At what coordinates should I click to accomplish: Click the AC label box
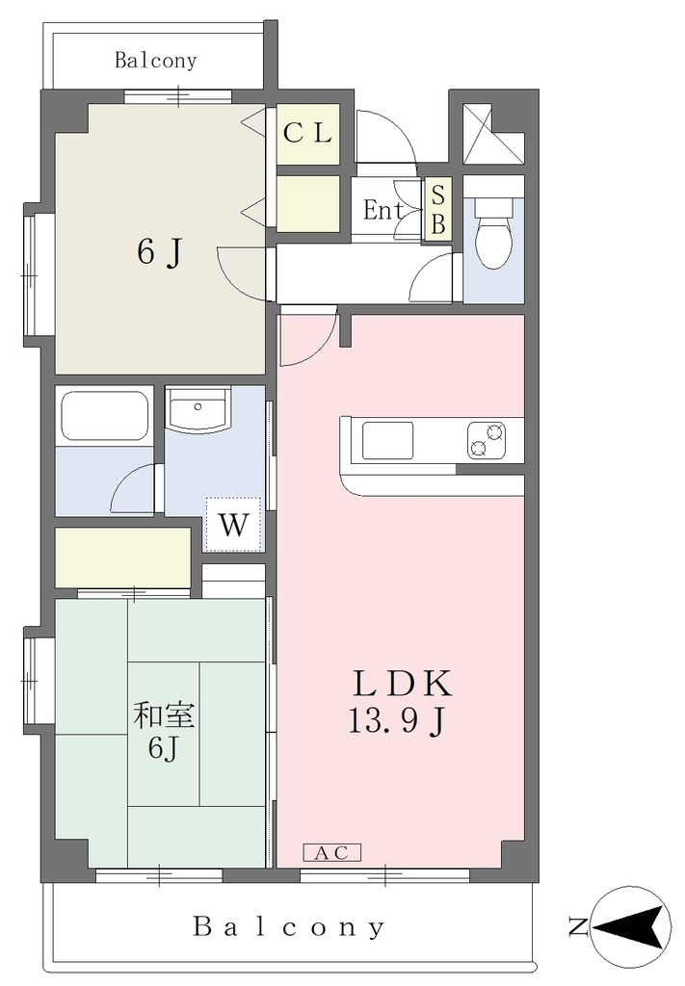pyautogui.click(x=332, y=853)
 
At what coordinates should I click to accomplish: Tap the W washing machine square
pyautogui.click(x=233, y=524)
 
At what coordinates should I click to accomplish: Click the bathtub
pyautogui.click(x=105, y=417)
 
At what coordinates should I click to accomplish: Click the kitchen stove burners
pyautogui.click(x=487, y=439)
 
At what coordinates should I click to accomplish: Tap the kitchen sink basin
pyautogui.click(x=387, y=440)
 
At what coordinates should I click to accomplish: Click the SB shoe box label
pyautogui.click(x=437, y=210)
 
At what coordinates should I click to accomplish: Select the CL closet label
pyautogui.click(x=307, y=133)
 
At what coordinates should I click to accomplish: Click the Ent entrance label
pyautogui.click(x=383, y=210)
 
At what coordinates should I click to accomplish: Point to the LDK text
pyautogui.click(x=403, y=685)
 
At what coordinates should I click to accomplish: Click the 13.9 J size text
pyautogui.click(x=397, y=720)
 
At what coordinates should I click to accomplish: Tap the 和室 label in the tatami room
pyautogui.click(x=164, y=715)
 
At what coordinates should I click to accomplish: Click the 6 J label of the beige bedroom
pyautogui.click(x=160, y=253)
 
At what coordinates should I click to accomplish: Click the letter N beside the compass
pyautogui.click(x=578, y=927)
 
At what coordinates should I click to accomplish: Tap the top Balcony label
pyautogui.click(x=155, y=61)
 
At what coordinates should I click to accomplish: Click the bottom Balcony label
pyautogui.click(x=289, y=927)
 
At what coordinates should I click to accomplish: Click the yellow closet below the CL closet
pyautogui.click(x=307, y=203)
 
